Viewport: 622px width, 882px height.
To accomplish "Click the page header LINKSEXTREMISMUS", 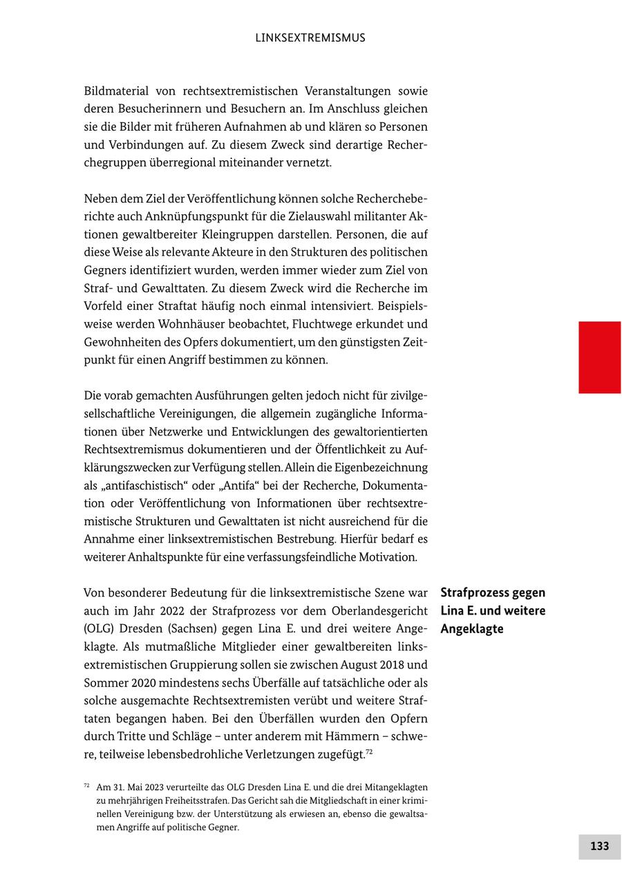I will tap(310, 38).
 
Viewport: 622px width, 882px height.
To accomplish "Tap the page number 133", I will tap(599, 846).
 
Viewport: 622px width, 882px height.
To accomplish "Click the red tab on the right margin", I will tap(599, 357).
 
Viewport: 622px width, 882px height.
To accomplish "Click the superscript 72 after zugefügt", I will tap(369, 752).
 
